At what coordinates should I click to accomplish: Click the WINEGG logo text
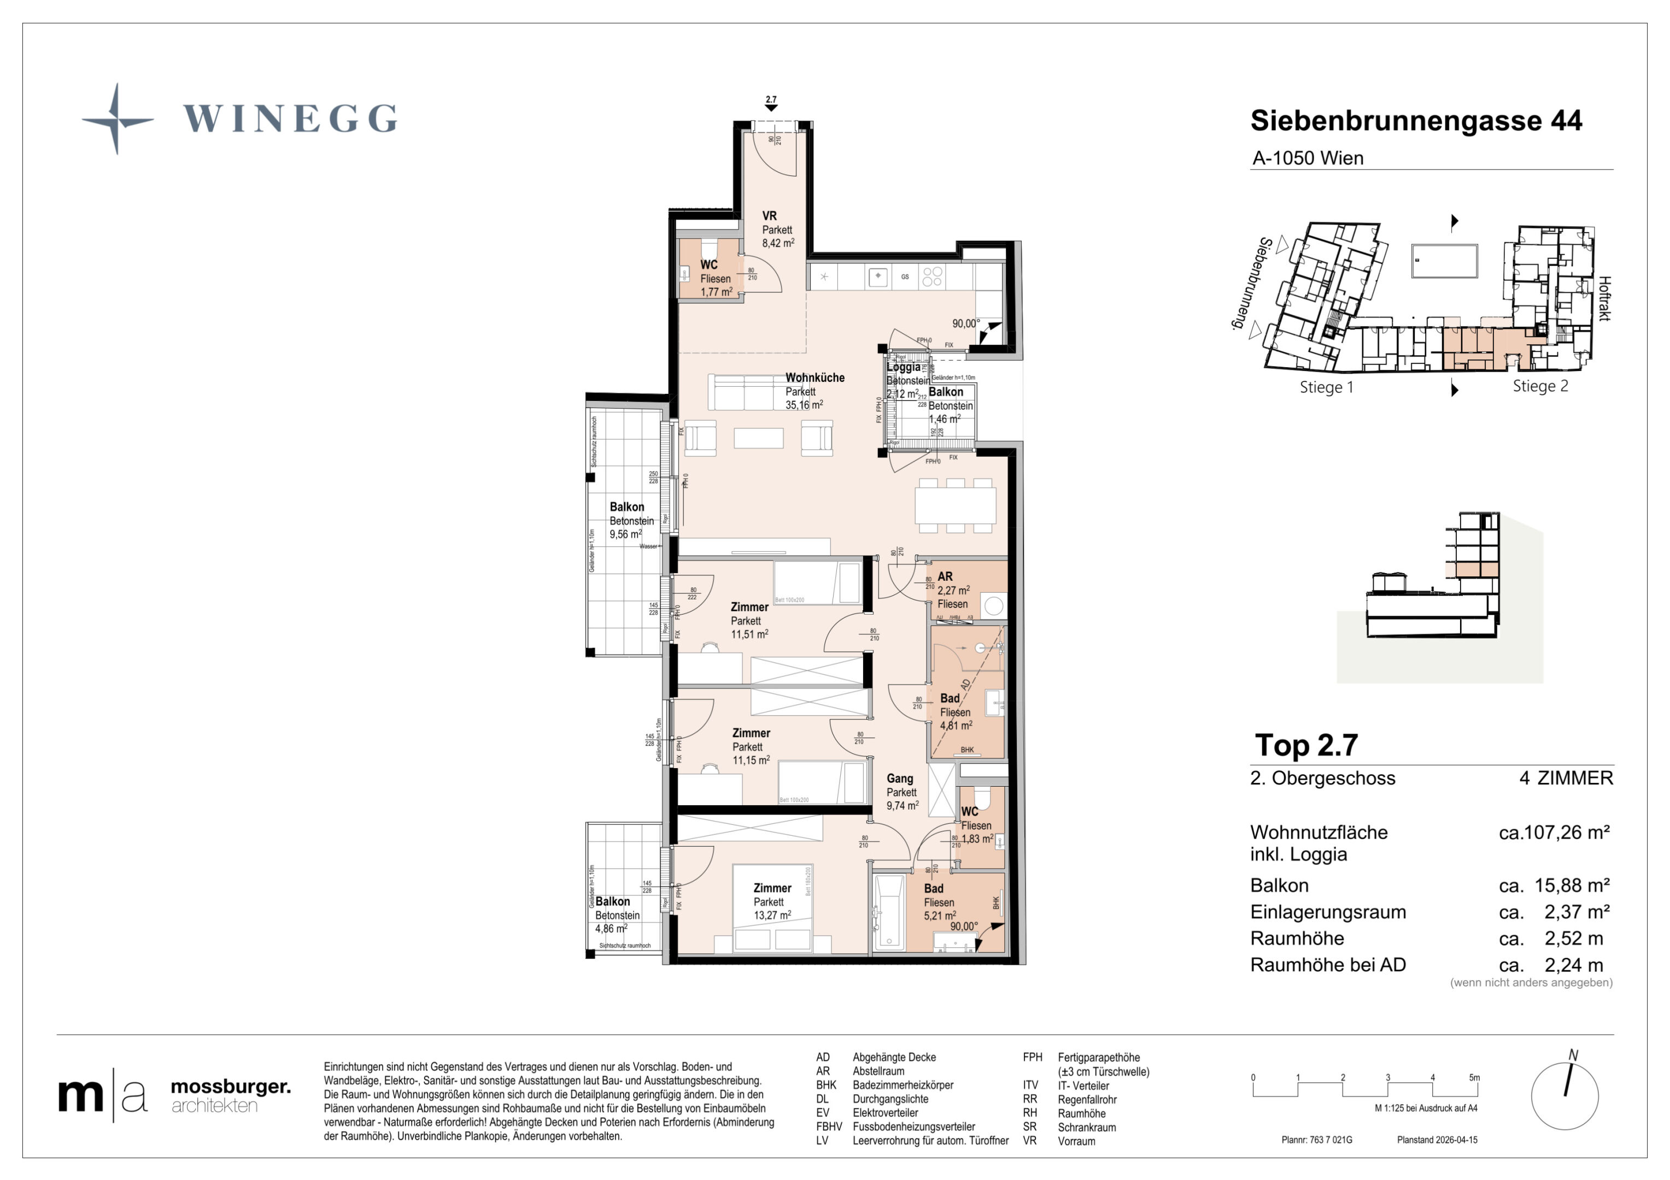coord(290,119)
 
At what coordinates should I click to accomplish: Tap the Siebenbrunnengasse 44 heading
coord(1415,121)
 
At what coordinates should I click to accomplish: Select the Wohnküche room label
coord(815,377)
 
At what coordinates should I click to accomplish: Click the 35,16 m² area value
coord(804,405)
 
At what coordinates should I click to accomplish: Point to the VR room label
coord(769,216)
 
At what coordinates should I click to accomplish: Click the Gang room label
coord(899,778)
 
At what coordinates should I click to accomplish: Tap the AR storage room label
coord(945,576)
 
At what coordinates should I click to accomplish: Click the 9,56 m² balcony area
coord(625,534)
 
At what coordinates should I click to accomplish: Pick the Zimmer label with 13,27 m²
coord(772,888)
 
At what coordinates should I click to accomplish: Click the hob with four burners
coord(933,276)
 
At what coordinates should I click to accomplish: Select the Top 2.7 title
coord(1306,745)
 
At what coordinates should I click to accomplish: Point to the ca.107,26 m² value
coord(1554,833)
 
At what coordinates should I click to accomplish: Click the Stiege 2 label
coord(1540,386)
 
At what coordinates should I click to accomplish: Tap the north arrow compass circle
coord(1564,1096)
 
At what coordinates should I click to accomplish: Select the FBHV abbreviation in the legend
coord(829,1126)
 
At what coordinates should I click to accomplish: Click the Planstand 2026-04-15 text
coord(1437,1140)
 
